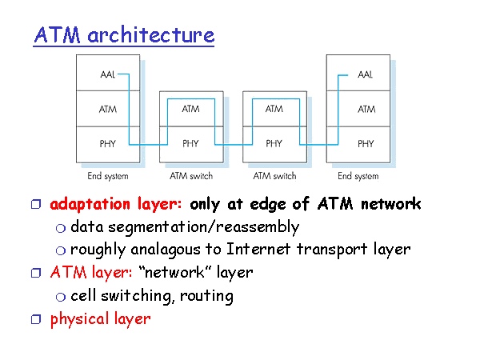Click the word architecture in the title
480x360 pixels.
(151, 35)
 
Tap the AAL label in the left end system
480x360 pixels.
(108, 74)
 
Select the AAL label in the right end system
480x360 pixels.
(366, 74)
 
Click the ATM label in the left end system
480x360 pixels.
(108, 109)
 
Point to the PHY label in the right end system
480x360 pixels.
(366, 143)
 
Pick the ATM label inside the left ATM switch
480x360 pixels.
(190, 109)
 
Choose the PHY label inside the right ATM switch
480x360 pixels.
(274, 143)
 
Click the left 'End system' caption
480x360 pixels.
(108, 176)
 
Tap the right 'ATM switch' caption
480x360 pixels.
(274, 176)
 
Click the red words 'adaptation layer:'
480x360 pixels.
(116, 204)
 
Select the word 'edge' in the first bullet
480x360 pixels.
(268, 204)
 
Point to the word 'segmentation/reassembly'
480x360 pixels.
(203, 227)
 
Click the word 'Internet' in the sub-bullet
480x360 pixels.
(258, 249)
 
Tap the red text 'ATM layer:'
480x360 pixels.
(91, 272)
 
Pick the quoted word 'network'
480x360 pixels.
(174, 272)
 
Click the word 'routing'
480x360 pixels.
(206, 296)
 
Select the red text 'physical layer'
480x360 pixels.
(101, 319)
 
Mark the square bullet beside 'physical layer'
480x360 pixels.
(36, 319)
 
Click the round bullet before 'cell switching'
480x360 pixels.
(61, 297)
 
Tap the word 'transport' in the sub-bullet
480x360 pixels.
(332, 250)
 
